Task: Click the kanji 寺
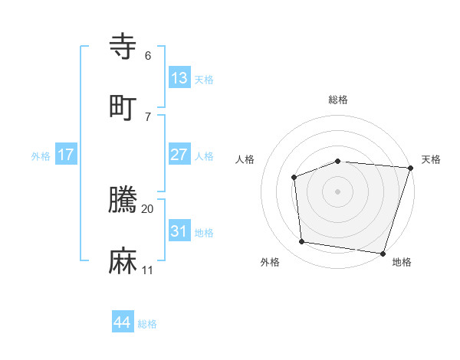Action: (x=123, y=46)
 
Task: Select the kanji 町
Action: (x=123, y=107)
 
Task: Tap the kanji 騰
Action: (x=123, y=200)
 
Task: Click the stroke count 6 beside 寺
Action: (x=148, y=55)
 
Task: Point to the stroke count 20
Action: (x=148, y=208)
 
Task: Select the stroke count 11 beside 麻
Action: (x=148, y=270)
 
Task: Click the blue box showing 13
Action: (x=179, y=78)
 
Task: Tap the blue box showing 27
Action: (x=179, y=155)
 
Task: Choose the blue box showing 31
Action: (x=179, y=231)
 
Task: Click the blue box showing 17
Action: (x=66, y=155)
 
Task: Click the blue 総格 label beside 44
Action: (x=147, y=324)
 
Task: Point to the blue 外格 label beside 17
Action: (x=41, y=156)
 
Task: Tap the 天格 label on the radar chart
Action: (x=431, y=159)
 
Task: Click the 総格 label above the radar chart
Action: (x=338, y=100)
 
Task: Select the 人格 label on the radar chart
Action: (x=245, y=159)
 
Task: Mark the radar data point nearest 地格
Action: (x=383, y=253)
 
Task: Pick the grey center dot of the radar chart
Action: (x=338, y=191)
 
